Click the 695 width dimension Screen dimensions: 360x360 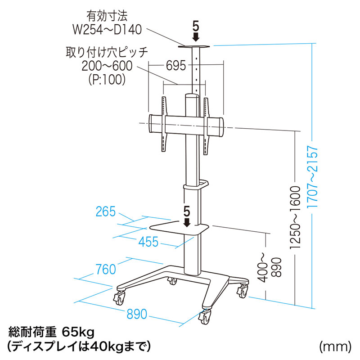coord(176,66)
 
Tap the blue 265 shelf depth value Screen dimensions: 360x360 coord(106,211)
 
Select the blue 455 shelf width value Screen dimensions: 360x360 coord(148,242)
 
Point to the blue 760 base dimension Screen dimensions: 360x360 coord(106,269)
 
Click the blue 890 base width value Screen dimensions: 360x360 coord(137,314)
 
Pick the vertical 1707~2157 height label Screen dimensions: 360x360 coord(312,177)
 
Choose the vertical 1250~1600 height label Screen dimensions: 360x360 coord(295,217)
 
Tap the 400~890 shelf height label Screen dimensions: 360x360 coord(270,267)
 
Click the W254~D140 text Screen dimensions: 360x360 coord(107,30)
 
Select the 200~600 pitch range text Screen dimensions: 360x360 coord(107,66)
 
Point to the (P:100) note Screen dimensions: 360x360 coord(107,80)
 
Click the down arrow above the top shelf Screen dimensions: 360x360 coord(196,37)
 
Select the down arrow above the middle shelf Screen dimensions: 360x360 coord(187,222)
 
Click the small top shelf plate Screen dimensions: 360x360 coord(194,47)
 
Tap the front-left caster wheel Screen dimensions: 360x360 coord(119,298)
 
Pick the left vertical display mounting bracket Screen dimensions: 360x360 coord(164,124)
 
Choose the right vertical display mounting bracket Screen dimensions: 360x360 coord(206,126)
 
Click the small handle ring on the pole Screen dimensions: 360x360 coord(203,184)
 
